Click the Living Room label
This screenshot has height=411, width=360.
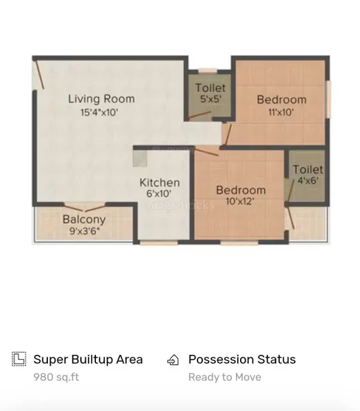pyautogui.click(x=101, y=99)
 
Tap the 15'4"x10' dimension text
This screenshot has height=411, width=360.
pyautogui.click(x=99, y=112)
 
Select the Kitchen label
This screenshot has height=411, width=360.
pyautogui.click(x=160, y=183)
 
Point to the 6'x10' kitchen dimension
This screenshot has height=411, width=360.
pyautogui.click(x=159, y=194)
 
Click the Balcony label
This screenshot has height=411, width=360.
pyautogui.click(x=84, y=220)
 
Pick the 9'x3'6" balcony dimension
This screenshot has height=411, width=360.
pyautogui.click(x=84, y=231)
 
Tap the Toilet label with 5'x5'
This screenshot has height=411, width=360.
pyautogui.click(x=211, y=88)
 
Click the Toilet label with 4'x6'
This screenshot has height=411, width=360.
pyautogui.click(x=308, y=170)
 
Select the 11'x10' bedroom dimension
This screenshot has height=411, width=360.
pyautogui.click(x=280, y=112)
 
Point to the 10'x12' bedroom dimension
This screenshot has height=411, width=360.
pyautogui.click(x=240, y=201)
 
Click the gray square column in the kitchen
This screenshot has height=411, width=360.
pyautogui.click(x=140, y=159)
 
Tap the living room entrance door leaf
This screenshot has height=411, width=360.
pyautogui.click(x=39, y=75)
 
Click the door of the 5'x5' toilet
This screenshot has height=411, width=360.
pyautogui.click(x=200, y=115)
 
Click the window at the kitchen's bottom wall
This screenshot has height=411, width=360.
pyautogui.click(x=158, y=243)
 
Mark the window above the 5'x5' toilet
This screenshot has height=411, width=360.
pyautogui.click(x=208, y=71)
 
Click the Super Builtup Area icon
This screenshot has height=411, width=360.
pyautogui.click(x=19, y=359)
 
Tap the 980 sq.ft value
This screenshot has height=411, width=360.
pyautogui.click(x=56, y=377)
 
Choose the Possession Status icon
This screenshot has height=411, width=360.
pyautogui.click(x=173, y=360)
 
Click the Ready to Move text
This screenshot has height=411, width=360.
pyautogui.click(x=225, y=377)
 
